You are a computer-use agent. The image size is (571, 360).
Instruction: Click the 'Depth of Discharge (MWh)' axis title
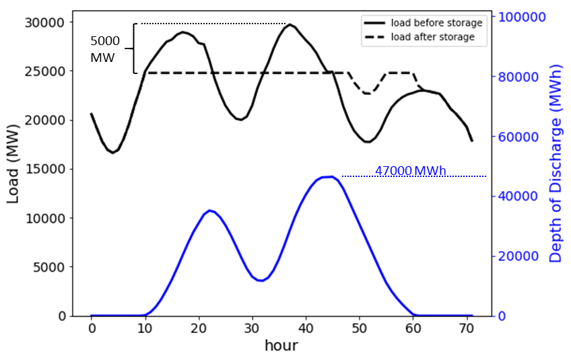click(556, 166)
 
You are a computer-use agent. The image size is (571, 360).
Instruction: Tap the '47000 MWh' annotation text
click(410, 171)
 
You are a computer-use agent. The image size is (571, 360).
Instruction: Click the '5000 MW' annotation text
click(104, 50)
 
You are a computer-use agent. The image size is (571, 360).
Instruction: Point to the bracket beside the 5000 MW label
click(134, 48)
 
